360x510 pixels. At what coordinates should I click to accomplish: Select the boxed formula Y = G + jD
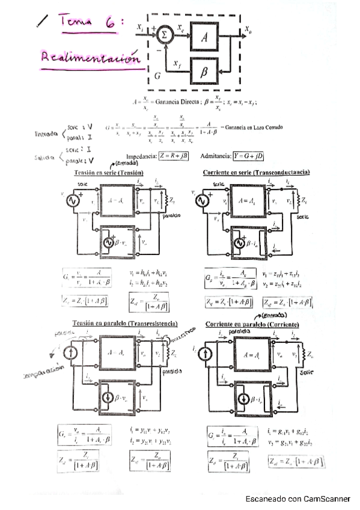point(243,156)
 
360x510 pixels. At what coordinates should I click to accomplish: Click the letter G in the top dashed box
point(157,76)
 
